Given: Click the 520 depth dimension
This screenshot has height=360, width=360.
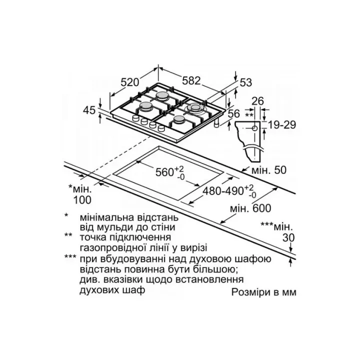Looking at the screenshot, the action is [130, 82].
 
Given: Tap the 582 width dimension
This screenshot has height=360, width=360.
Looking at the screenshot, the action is [191, 80].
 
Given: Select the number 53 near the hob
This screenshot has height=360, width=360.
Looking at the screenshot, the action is [246, 82].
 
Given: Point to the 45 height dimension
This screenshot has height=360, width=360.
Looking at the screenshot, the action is [89, 110].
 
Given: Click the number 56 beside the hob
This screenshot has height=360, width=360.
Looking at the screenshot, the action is [234, 113].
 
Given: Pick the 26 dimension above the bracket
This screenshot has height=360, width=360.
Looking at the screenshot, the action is [258, 101].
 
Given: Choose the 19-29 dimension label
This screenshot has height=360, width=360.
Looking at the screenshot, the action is [282, 125].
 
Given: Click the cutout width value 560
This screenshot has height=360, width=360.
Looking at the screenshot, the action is [165, 172].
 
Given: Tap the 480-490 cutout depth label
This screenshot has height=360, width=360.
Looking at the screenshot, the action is [223, 191].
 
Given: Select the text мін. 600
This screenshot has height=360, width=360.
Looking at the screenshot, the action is [250, 208].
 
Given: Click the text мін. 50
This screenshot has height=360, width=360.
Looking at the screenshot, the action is [269, 170].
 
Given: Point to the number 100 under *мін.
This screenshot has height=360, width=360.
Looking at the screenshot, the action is [82, 200].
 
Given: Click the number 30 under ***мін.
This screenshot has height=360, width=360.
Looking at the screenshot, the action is [288, 238].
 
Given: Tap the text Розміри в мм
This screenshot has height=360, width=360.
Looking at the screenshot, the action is [264, 292].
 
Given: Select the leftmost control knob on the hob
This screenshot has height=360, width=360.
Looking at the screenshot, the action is [135, 118].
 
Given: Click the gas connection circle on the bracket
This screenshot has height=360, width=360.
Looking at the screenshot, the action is [254, 128].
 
